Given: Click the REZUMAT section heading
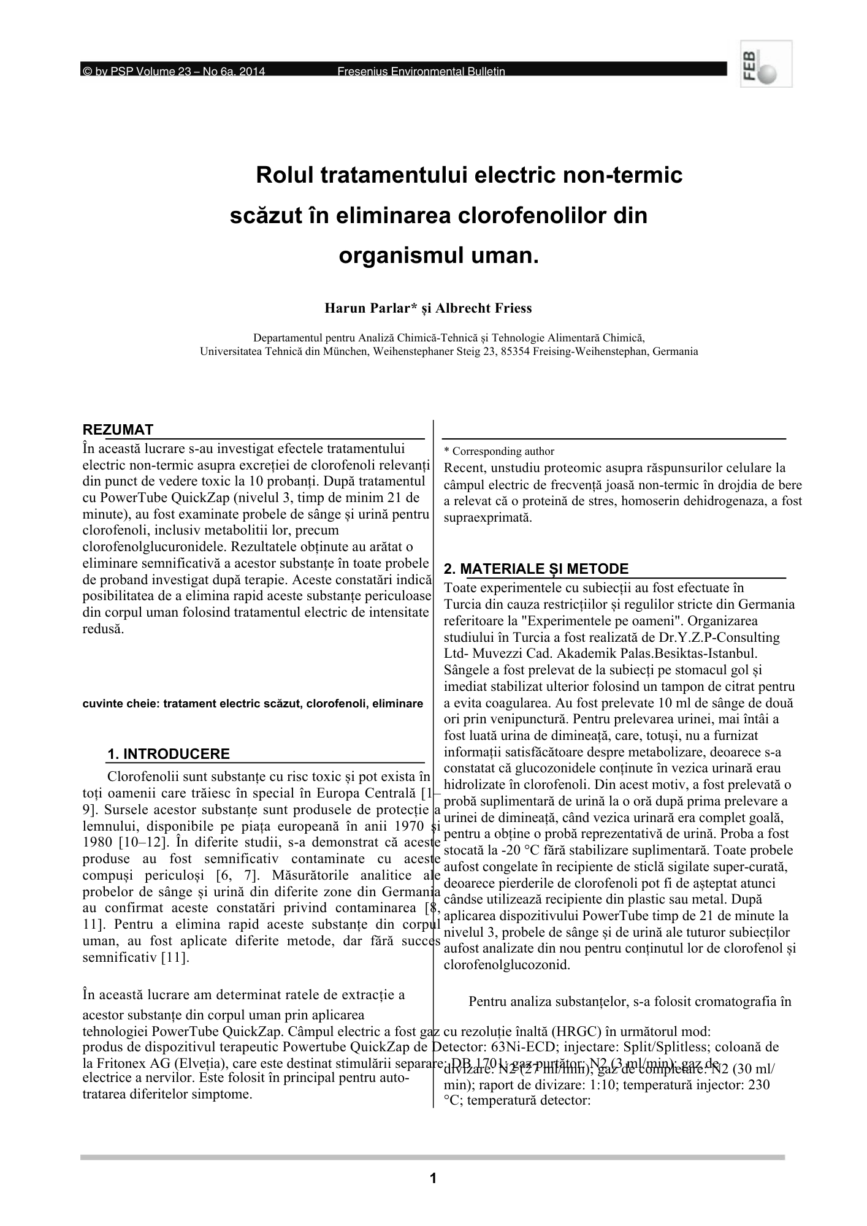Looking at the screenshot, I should [118, 430].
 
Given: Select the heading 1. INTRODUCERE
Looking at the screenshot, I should [169, 754].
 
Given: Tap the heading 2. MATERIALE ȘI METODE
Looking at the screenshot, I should [536, 569].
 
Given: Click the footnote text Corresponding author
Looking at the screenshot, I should [503, 451].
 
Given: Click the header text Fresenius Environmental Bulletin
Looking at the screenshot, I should [421, 72].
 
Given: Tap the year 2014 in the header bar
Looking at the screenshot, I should [252, 72].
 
